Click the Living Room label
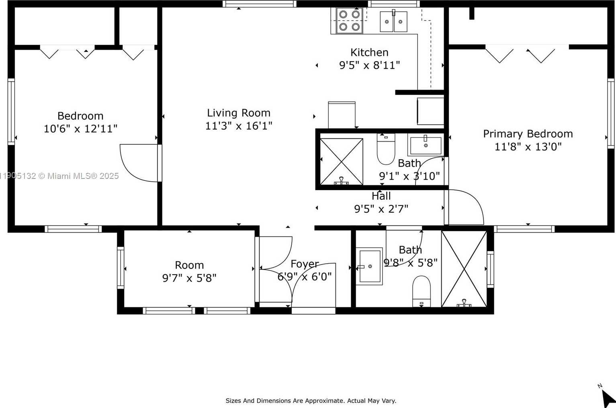[238, 113]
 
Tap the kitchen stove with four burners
[349, 21]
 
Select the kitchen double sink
[393, 21]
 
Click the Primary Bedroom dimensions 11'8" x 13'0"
[528, 147]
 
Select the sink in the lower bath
[369, 266]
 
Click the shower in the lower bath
[464, 269]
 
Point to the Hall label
[381, 196]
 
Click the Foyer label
[305, 264]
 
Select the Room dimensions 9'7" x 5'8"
[189, 278]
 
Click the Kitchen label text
[369, 53]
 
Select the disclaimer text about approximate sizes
[311, 401]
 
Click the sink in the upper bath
[426, 145]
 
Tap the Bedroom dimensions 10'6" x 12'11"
[80, 129]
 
